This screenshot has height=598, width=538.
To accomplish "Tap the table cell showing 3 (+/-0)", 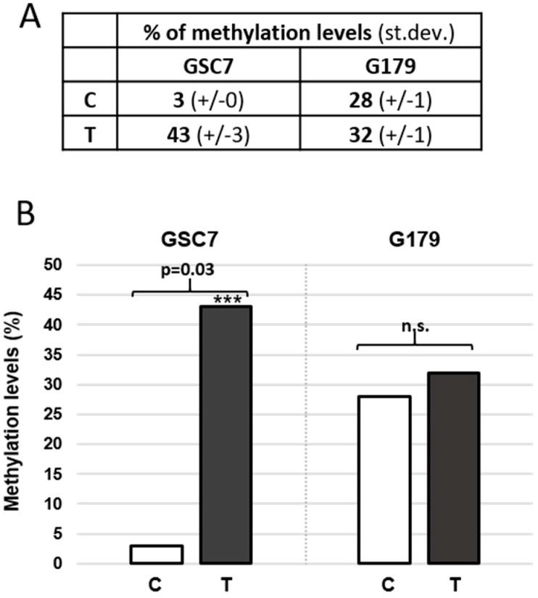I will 200,101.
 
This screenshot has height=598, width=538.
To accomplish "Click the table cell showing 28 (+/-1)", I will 381,101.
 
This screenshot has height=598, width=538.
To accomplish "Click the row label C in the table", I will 91,101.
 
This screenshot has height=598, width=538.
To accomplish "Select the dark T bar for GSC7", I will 225,435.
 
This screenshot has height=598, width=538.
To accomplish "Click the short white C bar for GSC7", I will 157,555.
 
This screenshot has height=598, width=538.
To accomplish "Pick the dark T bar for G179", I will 453,468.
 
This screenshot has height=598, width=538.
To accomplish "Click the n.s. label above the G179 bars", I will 415,327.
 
